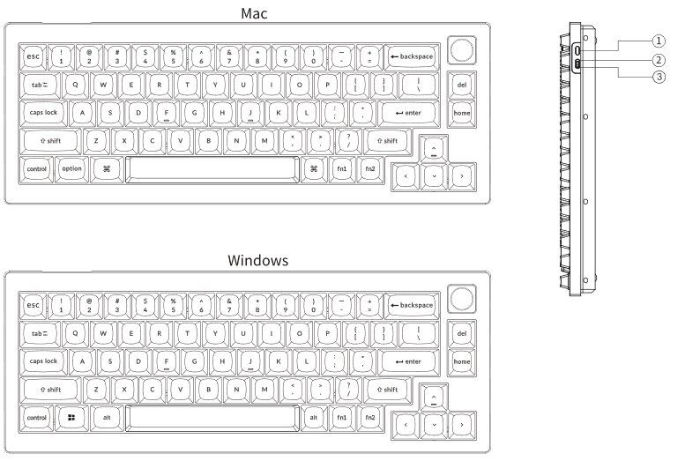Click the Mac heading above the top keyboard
[247, 12]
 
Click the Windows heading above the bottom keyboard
[247, 261]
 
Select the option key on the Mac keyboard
[71, 169]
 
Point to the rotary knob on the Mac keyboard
[460, 48]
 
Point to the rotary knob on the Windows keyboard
[460, 297]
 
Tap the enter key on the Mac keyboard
[406, 114]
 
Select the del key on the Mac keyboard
[461, 86]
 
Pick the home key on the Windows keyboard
[461, 361]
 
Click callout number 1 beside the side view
[658, 41]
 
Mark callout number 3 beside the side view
[658, 77]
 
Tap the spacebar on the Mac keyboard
[211, 169]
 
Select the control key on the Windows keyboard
[37, 417]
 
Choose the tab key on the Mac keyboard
[38, 86]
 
